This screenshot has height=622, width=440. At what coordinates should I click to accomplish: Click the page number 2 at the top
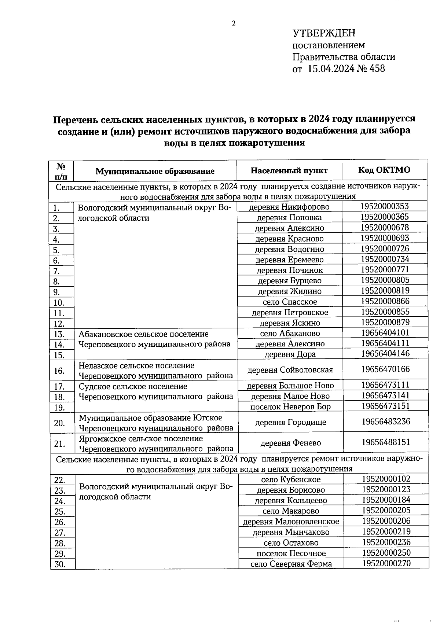234,24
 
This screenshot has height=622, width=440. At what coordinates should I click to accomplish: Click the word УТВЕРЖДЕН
324,33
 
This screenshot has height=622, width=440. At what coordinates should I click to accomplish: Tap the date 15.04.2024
331,69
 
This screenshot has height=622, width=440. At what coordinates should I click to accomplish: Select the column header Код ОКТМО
384,170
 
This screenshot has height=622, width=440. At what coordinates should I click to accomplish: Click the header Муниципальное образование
155,171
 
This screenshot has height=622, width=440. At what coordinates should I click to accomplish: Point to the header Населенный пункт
289,170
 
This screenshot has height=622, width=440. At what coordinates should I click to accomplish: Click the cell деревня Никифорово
289,207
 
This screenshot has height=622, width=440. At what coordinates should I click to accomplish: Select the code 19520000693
384,238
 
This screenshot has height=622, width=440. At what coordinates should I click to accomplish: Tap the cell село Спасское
290,302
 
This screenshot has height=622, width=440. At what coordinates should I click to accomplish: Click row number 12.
59,324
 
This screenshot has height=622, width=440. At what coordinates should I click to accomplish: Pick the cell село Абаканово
290,334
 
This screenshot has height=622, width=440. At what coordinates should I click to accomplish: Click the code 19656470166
385,369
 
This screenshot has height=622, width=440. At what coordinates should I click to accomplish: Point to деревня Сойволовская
290,370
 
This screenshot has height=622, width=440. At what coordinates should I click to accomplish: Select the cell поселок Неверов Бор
290,406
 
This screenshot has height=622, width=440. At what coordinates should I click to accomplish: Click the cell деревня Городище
290,422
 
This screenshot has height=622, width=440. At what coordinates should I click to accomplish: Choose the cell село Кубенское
291,479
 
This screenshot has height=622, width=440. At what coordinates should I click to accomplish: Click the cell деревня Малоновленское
291,522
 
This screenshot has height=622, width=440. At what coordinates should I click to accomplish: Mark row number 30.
60,564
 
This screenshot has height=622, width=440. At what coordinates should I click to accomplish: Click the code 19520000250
386,553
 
